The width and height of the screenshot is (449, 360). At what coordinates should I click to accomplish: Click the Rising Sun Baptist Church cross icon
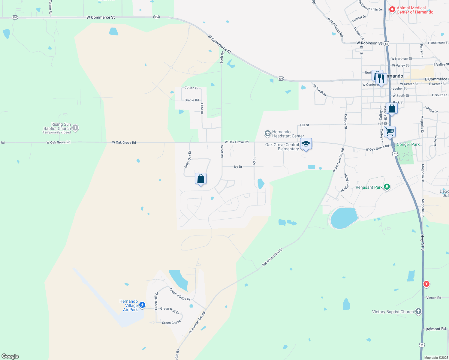75,128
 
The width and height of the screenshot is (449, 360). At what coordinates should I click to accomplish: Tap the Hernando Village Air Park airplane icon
142,305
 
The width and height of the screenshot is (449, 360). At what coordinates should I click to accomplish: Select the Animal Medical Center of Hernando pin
392,10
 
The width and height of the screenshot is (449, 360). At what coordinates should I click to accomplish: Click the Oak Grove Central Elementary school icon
306,144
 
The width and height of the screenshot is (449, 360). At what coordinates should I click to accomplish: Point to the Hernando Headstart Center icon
267,133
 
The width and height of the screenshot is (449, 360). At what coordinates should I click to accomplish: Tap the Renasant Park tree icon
387,187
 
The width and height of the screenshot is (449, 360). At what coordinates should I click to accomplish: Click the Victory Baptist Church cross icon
418,311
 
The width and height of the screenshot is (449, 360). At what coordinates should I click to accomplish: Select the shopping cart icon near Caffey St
390,131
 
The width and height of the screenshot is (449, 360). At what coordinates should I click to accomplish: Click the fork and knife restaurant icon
381,79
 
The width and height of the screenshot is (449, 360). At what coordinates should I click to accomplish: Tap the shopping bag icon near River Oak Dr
200,179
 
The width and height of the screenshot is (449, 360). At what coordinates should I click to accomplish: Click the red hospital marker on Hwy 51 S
426,284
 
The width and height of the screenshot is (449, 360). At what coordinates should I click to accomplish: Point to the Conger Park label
408,144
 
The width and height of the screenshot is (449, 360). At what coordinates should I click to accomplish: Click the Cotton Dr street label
191,88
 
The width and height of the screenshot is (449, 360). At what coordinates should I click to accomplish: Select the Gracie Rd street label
191,100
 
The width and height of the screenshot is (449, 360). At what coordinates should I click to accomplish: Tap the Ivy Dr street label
238,167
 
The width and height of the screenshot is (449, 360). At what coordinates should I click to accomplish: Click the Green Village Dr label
180,294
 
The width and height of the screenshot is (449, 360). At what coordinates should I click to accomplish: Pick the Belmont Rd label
435,329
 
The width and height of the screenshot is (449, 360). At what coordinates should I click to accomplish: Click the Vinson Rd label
434,298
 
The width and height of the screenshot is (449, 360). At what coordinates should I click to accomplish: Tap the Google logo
10,356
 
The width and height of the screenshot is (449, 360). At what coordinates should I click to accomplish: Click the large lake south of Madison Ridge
344,218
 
